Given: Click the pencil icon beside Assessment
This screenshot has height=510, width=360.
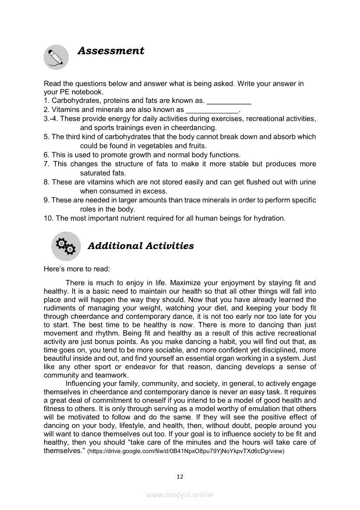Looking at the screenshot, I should (x=56, y=57).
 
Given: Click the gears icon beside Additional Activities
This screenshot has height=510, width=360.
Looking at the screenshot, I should (x=66, y=246).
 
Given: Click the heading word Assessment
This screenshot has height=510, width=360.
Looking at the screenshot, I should (x=111, y=51).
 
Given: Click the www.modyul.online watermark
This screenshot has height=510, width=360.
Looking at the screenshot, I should (x=180, y=495).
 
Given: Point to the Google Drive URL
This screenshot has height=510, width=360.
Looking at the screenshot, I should (x=186, y=451).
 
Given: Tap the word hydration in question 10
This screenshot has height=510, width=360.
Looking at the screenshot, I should (x=270, y=218).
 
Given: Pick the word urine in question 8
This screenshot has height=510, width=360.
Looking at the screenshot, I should (x=307, y=182).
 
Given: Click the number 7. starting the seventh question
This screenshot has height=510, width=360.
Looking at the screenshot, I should (x=46, y=164).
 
